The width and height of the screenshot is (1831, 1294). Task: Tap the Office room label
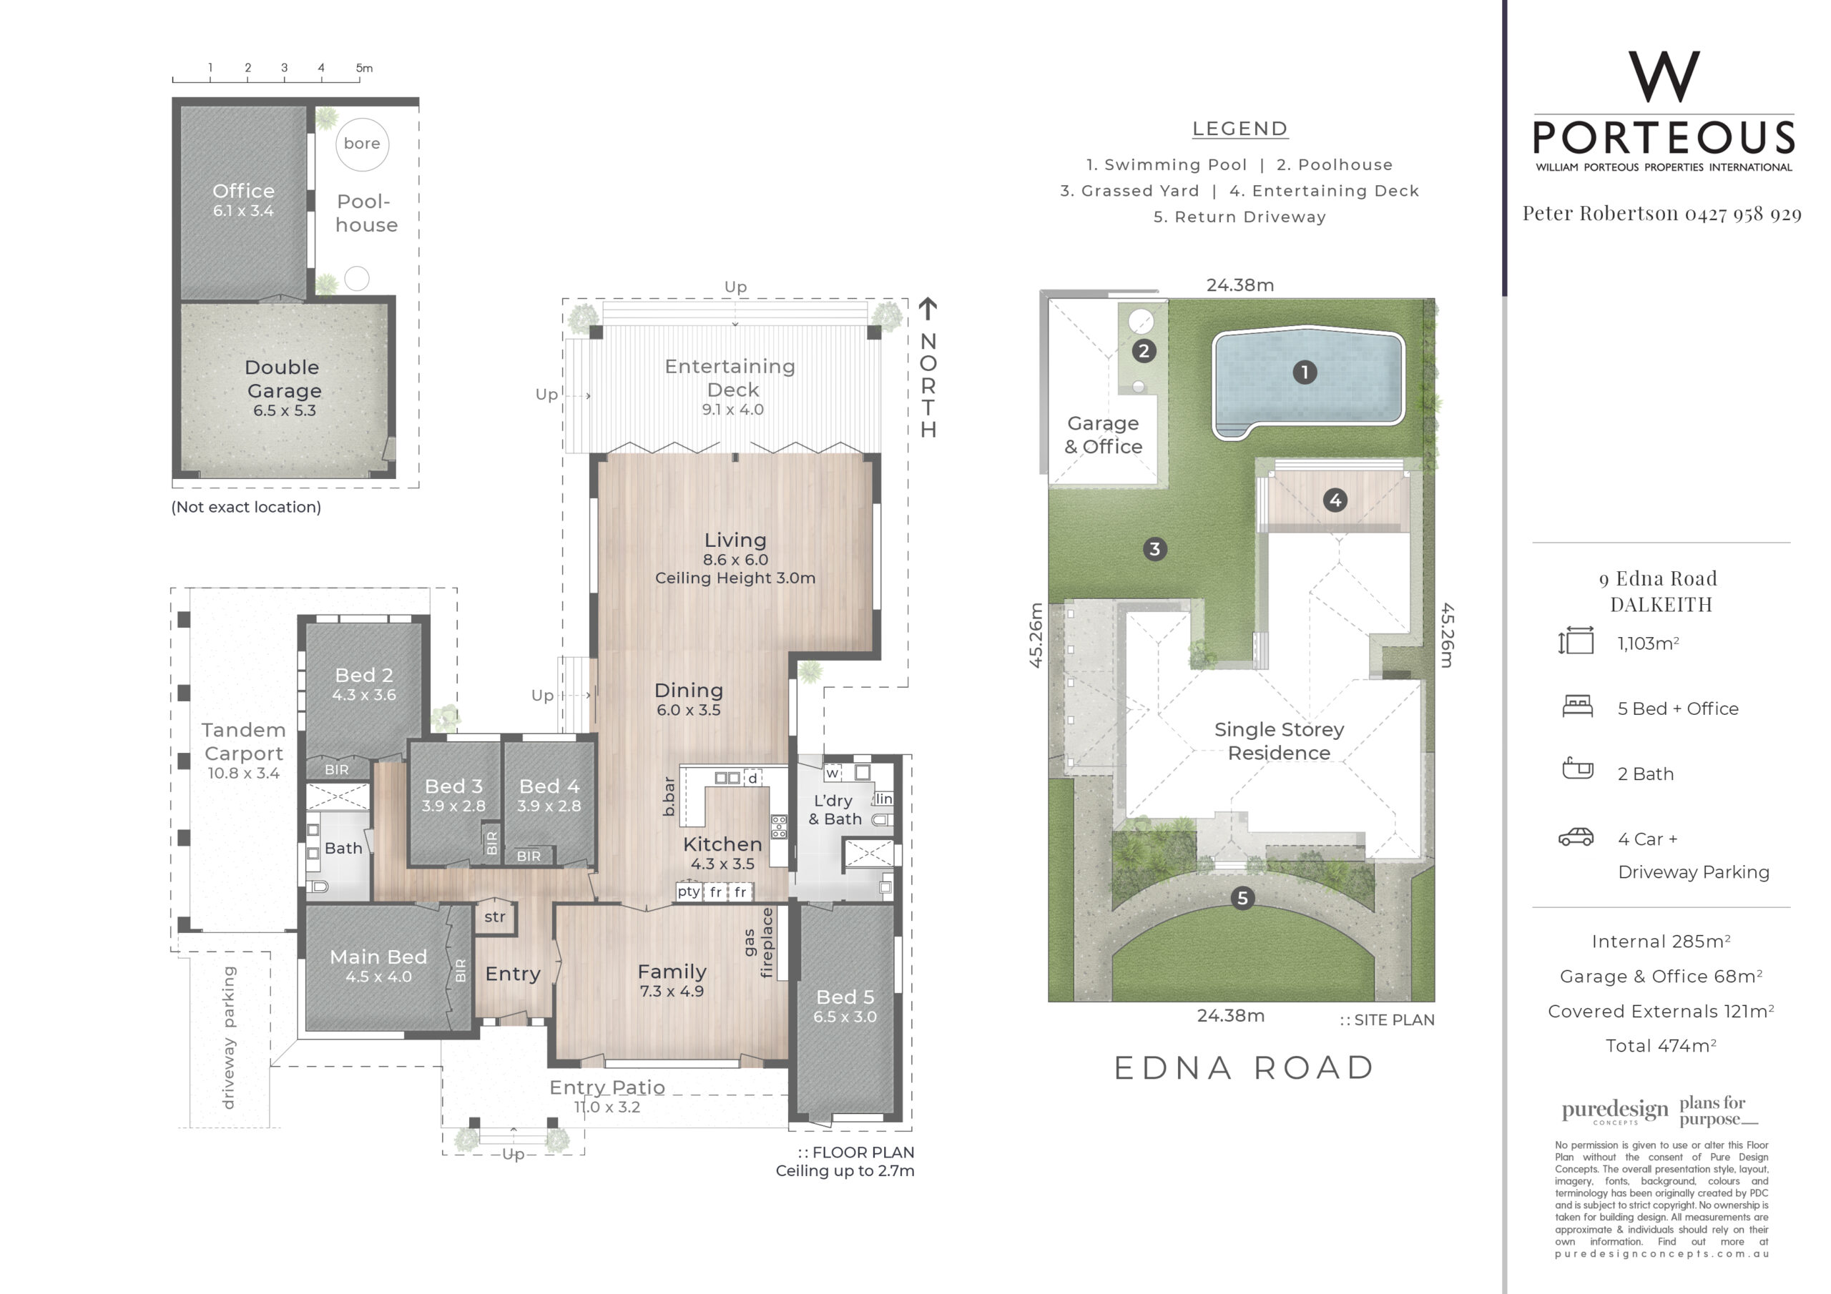coord(243,192)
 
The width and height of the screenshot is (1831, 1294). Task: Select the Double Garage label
coord(284,379)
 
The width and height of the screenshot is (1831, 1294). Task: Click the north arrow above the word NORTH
coord(928,310)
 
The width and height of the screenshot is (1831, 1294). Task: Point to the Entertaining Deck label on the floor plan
coord(730,378)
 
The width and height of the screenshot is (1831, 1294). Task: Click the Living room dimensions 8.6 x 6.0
coord(735,560)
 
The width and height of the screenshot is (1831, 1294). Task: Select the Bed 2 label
coord(363,676)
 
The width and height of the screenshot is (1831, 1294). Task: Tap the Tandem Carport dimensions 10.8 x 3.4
coord(243,774)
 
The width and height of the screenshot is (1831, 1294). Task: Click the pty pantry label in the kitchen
coord(689,892)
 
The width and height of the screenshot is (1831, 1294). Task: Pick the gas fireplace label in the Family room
coord(758,942)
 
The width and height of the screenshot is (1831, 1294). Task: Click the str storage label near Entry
coord(494,917)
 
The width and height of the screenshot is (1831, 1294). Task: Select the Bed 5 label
coord(845,997)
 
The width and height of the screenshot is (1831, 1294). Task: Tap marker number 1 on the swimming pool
coord(1305,372)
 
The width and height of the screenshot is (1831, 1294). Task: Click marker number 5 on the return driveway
coord(1242,899)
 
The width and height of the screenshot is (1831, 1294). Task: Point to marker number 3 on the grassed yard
coord(1154,549)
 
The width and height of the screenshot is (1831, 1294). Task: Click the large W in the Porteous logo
coord(1664,76)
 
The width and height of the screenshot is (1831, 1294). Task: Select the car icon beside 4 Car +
coord(1576,837)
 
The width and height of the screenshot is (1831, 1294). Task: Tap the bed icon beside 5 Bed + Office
coord(1577,706)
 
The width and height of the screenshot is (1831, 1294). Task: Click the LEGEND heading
coord(1240,129)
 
